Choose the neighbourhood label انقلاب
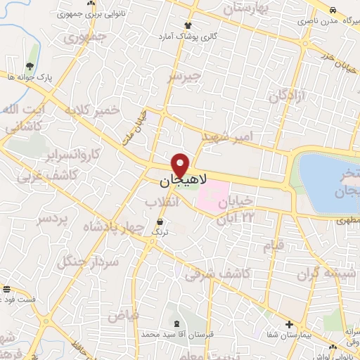coord(162,202)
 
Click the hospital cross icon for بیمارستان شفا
coord(290,324)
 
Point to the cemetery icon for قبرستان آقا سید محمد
coord(174,323)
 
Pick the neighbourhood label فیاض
coord(123,314)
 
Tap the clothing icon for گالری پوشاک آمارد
coord(206,25)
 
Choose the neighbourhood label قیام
coord(274,245)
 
